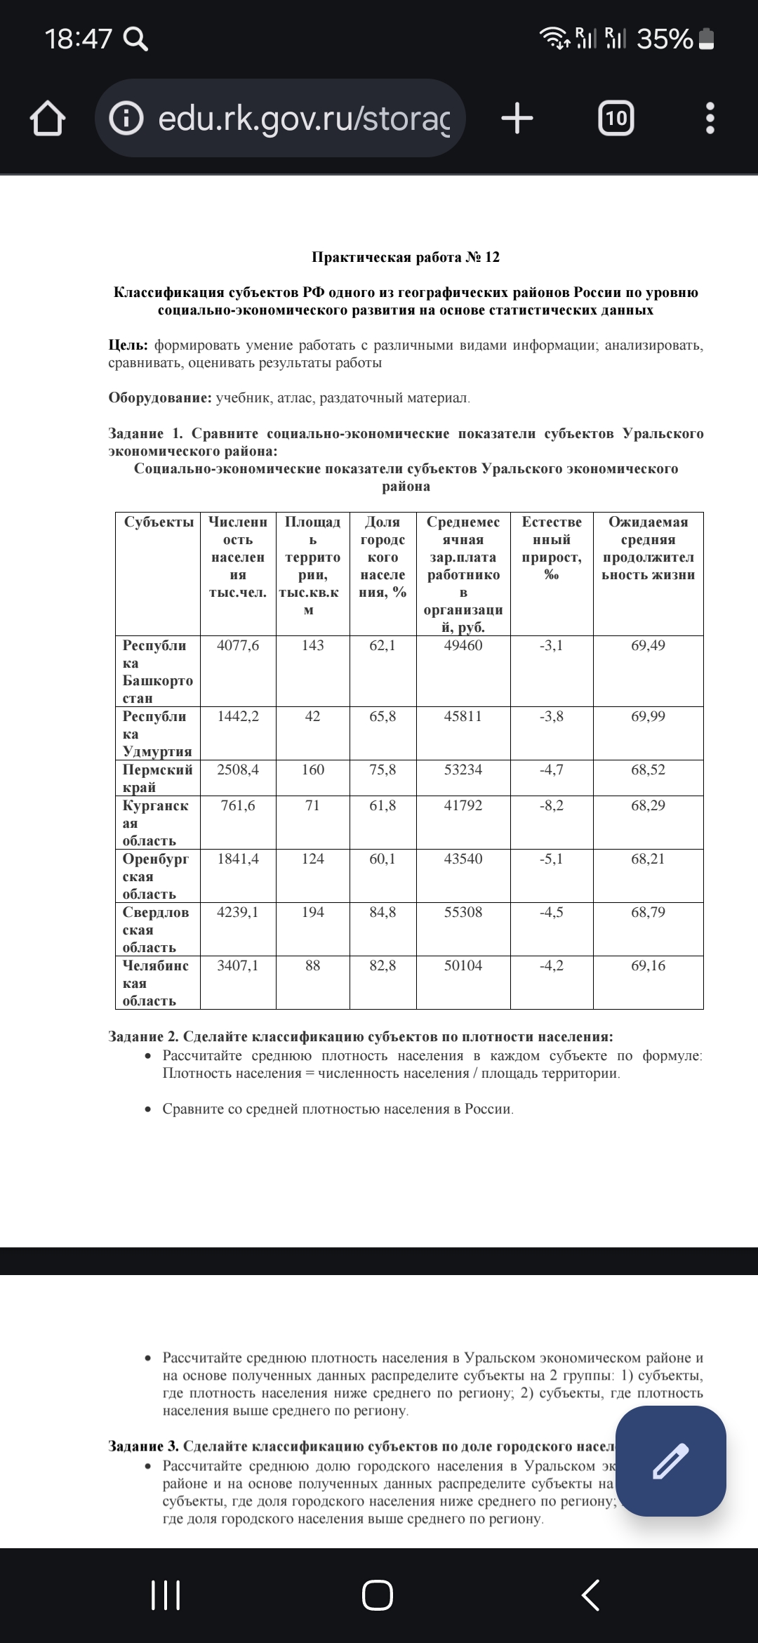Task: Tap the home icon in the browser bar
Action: click(x=48, y=119)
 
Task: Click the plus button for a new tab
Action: click(x=517, y=118)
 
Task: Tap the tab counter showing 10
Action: click(x=616, y=118)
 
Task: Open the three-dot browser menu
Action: click(x=710, y=118)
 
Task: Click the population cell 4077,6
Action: click(x=238, y=645)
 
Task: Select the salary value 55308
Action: click(x=463, y=912)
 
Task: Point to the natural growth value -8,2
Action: click(x=551, y=805)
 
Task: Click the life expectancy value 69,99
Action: click(x=648, y=716)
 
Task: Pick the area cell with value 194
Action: click(x=312, y=912)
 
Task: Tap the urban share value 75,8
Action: click(x=383, y=770)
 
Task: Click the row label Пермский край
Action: click(x=157, y=778)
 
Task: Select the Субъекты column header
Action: click(x=159, y=522)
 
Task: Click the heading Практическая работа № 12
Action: click(x=406, y=257)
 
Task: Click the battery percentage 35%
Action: click(x=665, y=39)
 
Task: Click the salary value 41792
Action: click(x=463, y=805)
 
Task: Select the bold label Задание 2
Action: click(x=143, y=1037)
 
